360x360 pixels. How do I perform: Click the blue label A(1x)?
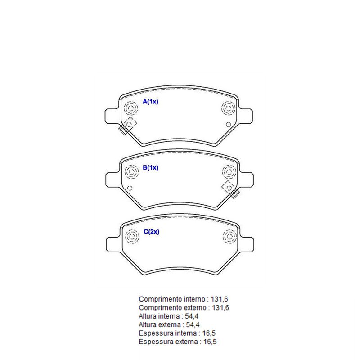click(x=150, y=102)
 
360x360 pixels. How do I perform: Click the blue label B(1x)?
click(x=150, y=167)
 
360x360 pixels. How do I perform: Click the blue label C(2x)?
click(x=151, y=232)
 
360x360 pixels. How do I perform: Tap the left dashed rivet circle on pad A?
click(x=130, y=108)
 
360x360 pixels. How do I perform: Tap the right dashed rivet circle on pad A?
click(x=229, y=108)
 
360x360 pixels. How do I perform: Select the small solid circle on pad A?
click(x=229, y=125)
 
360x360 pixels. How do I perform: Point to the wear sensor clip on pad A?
click(x=123, y=130)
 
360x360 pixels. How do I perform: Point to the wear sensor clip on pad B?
click(x=235, y=193)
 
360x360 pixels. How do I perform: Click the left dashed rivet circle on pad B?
click(x=131, y=172)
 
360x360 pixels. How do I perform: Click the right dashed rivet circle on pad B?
click(x=229, y=172)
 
